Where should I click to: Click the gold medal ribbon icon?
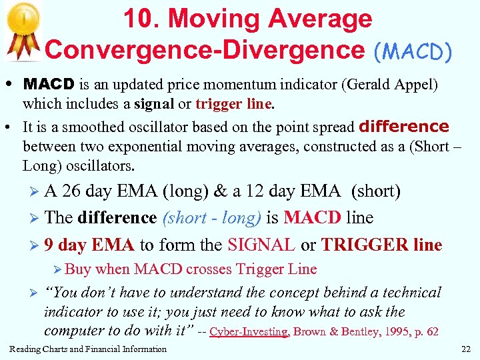click(23, 30)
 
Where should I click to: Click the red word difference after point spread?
click(404, 127)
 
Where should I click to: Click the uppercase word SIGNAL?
click(261, 245)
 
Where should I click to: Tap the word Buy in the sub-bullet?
click(79, 269)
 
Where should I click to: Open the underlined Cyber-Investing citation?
click(249, 331)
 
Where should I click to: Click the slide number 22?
click(465, 349)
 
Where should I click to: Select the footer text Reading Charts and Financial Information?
click(88, 349)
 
